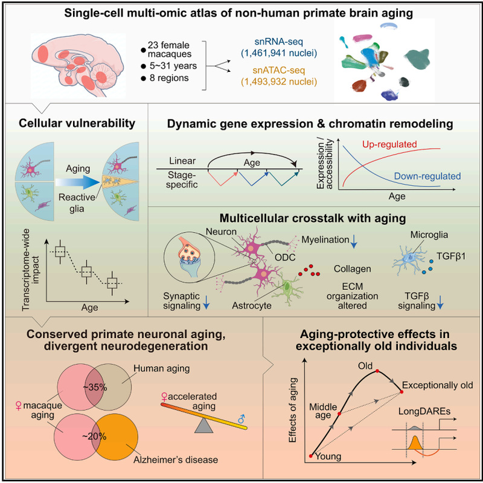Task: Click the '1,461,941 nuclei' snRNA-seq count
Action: click(279, 53)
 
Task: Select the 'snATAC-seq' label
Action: click(279, 70)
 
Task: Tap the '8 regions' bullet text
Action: click(169, 78)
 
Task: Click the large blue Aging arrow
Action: click(78, 182)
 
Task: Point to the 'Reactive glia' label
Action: click(77, 203)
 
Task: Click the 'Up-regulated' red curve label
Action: click(389, 144)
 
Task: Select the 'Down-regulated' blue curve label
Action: click(427, 176)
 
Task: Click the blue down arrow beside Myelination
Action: click(354, 241)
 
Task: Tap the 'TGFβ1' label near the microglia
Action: click(451, 256)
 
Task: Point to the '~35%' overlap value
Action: click(95, 388)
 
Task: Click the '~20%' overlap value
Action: click(94, 436)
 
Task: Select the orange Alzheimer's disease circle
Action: click(115, 437)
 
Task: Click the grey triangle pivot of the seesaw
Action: click(204, 426)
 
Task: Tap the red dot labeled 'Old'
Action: click(377, 371)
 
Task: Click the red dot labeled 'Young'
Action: click(311, 456)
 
